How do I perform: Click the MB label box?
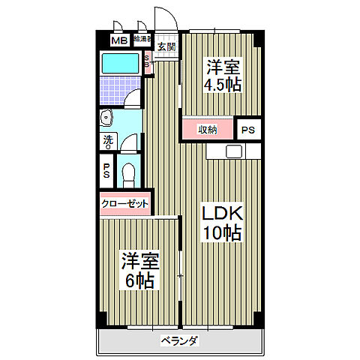click(119, 40)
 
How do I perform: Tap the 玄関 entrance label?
click(166, 46)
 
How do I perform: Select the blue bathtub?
click(120, 64)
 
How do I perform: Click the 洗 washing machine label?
click(108, 139)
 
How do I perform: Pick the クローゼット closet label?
click(124, 203)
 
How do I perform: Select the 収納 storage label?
click(208, 130)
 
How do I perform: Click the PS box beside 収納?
click(247, 130)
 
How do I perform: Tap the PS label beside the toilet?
click(107, 171)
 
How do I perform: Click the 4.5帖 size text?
click(223, 84)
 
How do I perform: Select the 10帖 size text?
click(223, 233)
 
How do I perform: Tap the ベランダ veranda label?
click(179, 342)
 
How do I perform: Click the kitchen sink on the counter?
click(233, 151)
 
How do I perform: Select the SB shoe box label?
click(148, 63)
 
